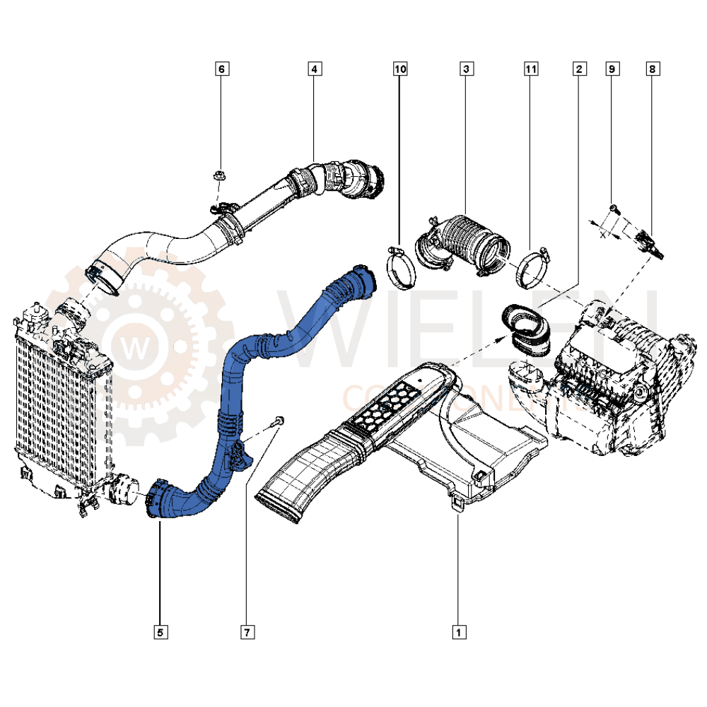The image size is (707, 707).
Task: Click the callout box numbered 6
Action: tap(221, 69)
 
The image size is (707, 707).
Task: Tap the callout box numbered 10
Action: tap(400, 69)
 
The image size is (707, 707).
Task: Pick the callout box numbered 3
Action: tap(466, 69)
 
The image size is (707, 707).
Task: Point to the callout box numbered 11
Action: tap(531, 69)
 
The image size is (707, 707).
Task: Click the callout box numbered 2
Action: tap(579, 69)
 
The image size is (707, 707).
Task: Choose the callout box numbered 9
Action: tap(612, 69)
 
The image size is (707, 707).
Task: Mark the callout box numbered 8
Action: tap(652, 69)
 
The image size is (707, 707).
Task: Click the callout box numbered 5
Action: tap(160, 632)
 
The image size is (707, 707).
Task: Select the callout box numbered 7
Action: tap(247, 632)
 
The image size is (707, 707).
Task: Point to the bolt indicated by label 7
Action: tap(278, 422)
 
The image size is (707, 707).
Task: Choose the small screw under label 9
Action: tap(612, 208)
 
